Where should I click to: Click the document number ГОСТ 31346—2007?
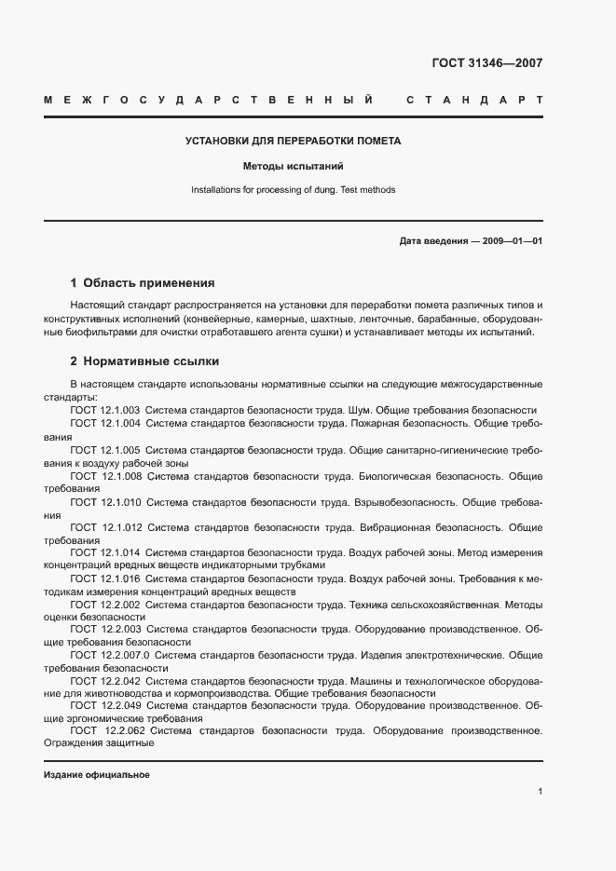[487, 63]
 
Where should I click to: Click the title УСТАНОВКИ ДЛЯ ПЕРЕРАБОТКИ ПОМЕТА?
[294, 142]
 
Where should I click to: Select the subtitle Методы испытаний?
[294, 167]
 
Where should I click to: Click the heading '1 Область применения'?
[143, 282]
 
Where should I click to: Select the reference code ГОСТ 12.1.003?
[104, 410]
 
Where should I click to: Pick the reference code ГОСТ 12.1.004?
[104, 423]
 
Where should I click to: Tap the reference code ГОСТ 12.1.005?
[104, 450]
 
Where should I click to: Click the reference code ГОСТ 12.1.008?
[104, 476]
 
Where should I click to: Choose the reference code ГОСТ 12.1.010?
[104, 502]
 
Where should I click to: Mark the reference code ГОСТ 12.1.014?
[104, 551]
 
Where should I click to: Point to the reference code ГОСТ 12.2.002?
[104, 605]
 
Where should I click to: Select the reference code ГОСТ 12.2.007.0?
[109, 656]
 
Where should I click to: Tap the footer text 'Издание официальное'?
[97, 775]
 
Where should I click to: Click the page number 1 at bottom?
[541, 792]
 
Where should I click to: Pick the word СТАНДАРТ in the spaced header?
[475, 100]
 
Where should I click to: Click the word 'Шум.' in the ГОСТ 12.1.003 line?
[362, 410]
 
